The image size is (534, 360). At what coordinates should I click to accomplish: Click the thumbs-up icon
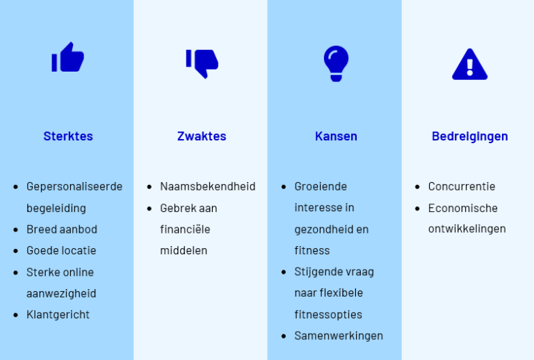(x=67, y=58)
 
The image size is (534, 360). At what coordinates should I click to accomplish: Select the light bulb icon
(x=336, y=63)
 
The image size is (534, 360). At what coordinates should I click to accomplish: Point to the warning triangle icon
(x=469, y=64)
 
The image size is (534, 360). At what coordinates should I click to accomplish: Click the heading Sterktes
(x=68, y=136)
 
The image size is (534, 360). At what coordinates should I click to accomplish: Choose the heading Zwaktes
(x=202, y=136)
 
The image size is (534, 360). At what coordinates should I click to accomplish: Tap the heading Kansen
(x=336, y=136)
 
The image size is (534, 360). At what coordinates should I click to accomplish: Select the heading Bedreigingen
(x=469, y=136)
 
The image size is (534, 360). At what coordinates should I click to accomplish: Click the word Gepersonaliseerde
(x=74, y=186)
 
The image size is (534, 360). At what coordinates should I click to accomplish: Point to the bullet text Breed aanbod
(x=62, y=229)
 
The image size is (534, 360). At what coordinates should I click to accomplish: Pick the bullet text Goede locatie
(x=61, y=250)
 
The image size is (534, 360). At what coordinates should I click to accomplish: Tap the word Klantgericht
(x=58, y=314)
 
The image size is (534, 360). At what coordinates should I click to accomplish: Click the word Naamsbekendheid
(x=208, y=186)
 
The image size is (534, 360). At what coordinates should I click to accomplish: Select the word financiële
(x=185, y=229)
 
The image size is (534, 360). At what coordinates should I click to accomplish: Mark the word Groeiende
(x=321, y=186)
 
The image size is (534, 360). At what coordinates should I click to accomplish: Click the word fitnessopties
(x=328, y=314)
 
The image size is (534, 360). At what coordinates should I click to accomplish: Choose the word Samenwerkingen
(x=339, y=336)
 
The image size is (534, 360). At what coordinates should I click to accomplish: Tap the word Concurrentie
(x=462, y=186)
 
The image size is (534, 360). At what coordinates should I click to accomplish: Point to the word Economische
(x=463, y=208)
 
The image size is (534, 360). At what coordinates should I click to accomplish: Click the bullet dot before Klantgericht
(x=17, y=315)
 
